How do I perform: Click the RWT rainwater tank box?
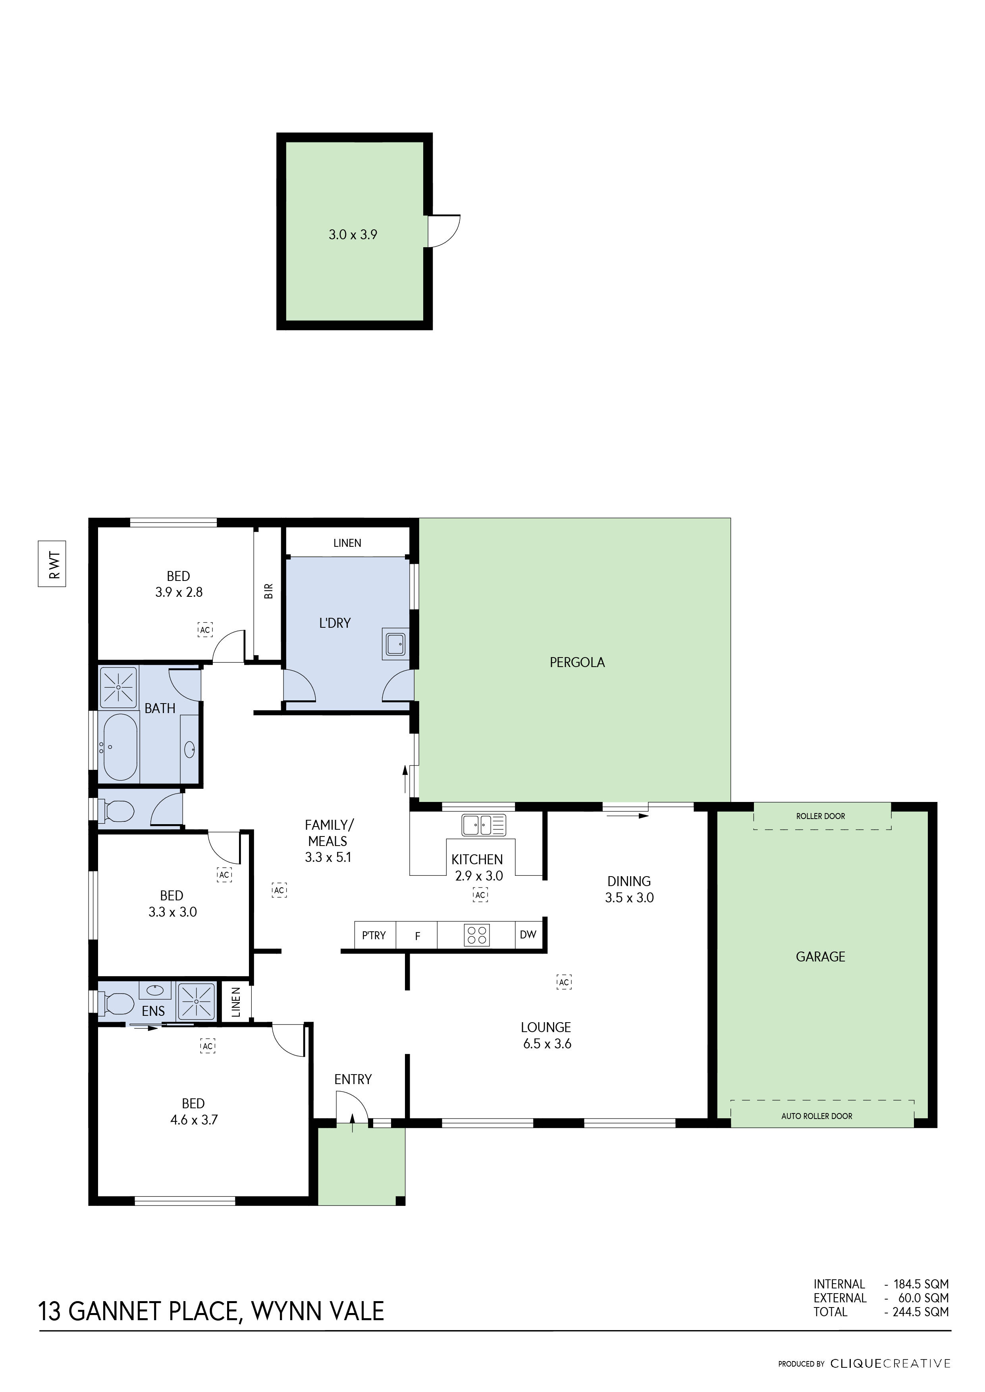[52, 564]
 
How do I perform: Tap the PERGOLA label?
[577, 663]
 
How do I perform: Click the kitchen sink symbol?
[484, 825]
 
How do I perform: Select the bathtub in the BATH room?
[121, 747]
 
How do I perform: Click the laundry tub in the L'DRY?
[395, 644]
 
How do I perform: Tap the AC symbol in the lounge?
[564, 982]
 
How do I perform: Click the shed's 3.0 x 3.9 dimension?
[353, 235]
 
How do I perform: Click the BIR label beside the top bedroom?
[269, 591]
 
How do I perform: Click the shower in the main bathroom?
[118, 687]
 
